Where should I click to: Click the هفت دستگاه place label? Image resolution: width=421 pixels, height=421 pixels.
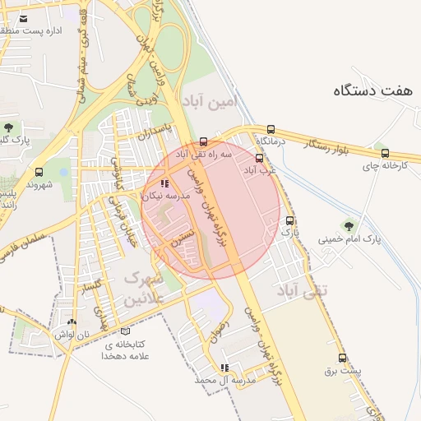(374, 91)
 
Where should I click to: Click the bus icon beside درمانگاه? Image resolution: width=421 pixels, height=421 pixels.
(271, 129)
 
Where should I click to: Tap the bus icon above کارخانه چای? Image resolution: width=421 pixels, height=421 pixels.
(385, 153)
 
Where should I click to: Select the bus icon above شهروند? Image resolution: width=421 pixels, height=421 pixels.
(39, 172)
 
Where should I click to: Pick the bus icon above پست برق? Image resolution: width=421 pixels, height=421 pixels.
(342, 358)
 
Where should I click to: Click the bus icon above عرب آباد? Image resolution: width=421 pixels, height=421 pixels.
(260, 158)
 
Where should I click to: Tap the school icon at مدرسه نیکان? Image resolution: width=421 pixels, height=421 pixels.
(164, 184)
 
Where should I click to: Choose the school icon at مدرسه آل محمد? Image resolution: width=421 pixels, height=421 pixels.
(224, 368)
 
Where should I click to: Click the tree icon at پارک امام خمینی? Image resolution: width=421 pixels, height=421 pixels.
(349, 224)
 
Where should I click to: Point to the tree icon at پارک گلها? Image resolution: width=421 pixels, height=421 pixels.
(8, 127)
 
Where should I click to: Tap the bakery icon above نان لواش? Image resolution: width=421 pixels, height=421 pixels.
(73, 322)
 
